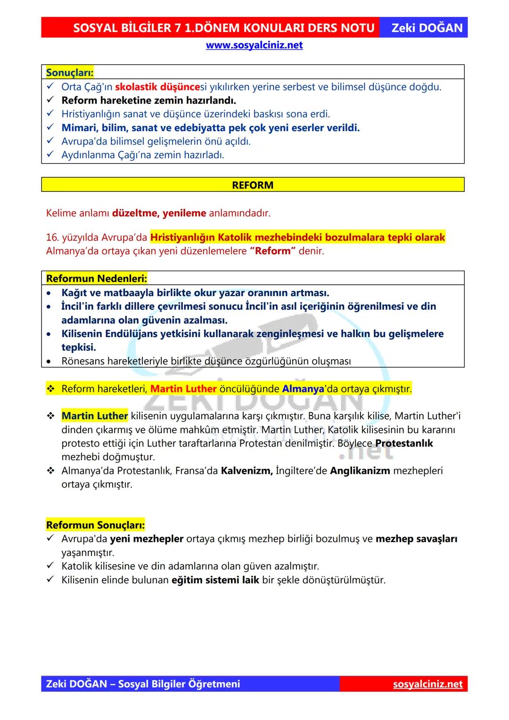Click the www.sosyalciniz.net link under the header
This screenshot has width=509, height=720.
pos(254,45)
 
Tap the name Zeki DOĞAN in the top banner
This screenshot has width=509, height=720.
pos(427,28)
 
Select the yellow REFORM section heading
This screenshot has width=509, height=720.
pos(253,185)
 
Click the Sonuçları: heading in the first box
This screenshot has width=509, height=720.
pos(70,73)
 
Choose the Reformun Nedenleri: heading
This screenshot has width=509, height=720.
pos(97,278)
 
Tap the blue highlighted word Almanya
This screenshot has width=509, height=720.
pos(303,389)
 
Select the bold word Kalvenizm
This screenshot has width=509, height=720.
pos(246,471)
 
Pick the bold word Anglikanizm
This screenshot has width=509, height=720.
pos(360,471)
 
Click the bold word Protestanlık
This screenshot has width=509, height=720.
pos(404,443)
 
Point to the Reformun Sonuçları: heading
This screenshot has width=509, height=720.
pos(95,525)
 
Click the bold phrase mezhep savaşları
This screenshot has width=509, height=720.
pos(416,538)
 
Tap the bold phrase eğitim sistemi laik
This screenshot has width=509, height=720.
pos(215,579)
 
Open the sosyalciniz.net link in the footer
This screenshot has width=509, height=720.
pos(427,684)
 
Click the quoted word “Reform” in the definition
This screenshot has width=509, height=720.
pos(272,251)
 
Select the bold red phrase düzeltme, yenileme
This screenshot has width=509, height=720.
pos(159,213)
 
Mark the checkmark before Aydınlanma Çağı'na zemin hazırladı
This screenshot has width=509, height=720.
pos(50,155)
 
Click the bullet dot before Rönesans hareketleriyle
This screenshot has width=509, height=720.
pos(49,362)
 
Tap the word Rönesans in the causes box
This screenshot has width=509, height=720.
pos(83,361)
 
